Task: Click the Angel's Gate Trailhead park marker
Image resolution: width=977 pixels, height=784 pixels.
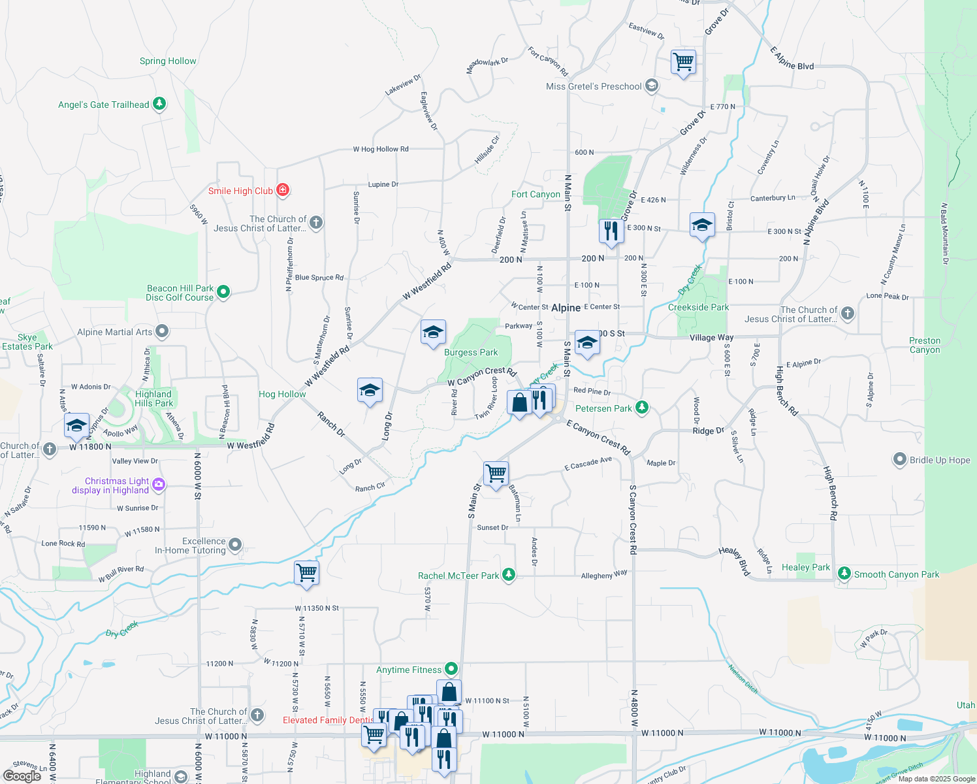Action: click(159, 104)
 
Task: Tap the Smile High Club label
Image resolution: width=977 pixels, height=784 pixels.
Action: click(240, 191)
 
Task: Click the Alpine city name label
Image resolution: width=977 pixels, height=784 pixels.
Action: click(566, 308)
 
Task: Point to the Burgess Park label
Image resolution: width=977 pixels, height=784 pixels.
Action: click(471, 352)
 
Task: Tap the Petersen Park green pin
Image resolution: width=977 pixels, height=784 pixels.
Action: click(642, 408)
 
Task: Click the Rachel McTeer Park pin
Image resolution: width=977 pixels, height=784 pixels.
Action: click(509, 575)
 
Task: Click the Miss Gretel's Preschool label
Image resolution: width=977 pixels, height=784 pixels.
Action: click(594, 86)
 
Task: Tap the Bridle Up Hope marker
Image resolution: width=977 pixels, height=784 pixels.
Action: click(899, 459)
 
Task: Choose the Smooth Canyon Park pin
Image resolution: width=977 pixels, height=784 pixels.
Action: click(844, 574)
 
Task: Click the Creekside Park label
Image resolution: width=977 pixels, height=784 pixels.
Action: click(698, 307)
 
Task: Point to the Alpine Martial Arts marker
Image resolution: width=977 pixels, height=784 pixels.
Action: click(162, 332)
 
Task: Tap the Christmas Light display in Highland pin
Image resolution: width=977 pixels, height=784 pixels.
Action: click(159, 485)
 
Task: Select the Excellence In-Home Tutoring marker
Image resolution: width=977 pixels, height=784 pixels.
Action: click(235, 544)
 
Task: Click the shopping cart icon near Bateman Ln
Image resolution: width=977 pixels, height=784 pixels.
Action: click(496, 473)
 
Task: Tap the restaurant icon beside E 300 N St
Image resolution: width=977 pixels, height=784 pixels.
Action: click(611, 231)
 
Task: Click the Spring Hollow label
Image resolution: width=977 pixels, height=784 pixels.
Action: click(168, 61)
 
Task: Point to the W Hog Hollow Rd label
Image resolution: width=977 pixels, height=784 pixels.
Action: click(381, 149)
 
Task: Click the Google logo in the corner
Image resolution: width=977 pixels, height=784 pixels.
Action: click(22, 776)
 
